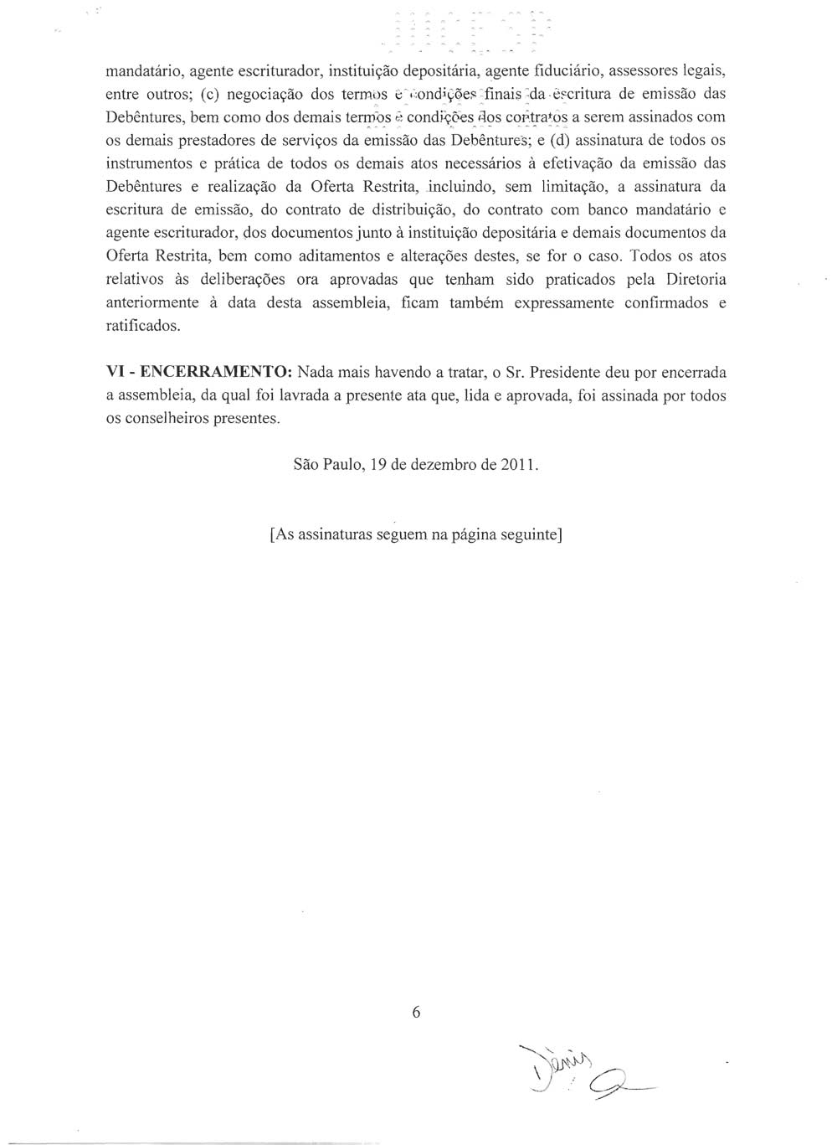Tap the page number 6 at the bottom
[x=416, y=1012]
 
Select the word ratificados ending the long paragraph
[x=143, y=326]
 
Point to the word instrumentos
[x=151, y=162]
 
